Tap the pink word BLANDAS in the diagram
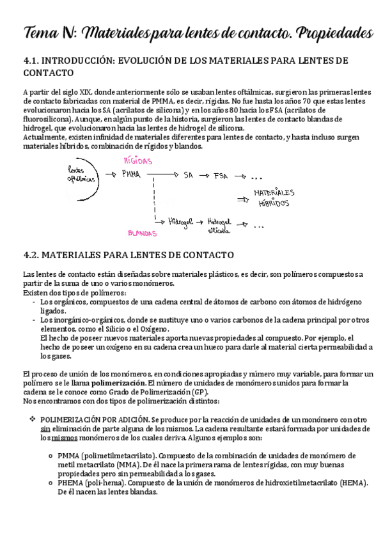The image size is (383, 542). (x=142, y=233)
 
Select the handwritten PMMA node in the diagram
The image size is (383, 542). (x=131, y=175)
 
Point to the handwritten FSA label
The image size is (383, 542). (x=222, y=175)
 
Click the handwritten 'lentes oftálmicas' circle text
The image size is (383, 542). (x=80, y=175)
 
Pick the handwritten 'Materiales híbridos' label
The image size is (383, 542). (x=274, y=198)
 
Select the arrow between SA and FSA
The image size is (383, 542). (x=203, y=175)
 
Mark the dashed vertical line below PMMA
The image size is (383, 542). (x=153, y=198)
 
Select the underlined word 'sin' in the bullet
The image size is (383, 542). (x=45, y=430)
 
